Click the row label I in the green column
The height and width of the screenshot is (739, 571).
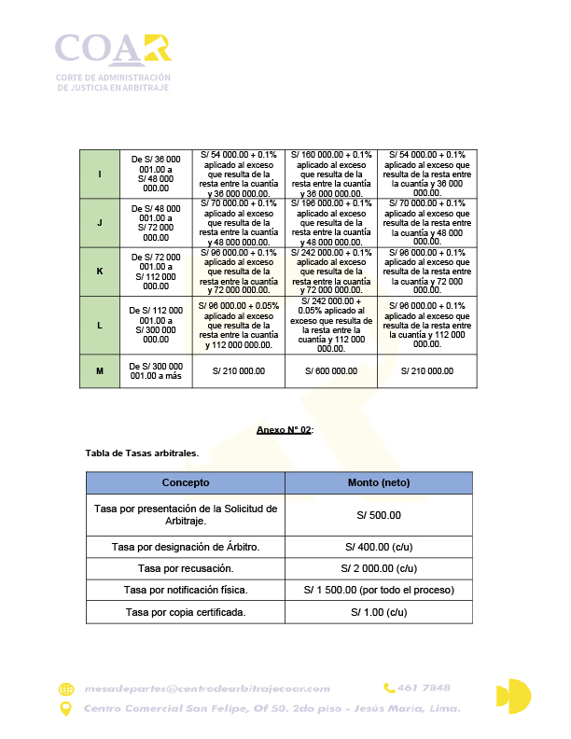(100, 174)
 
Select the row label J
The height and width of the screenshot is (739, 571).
(100, 222)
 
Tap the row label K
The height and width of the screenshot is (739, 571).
(100, 271)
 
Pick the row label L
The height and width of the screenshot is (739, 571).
(100, 324)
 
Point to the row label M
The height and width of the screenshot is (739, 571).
(100, 370)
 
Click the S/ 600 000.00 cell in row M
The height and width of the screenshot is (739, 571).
(330, 370)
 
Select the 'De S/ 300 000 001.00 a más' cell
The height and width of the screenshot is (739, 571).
(156, 370)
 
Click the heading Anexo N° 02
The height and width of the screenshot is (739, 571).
(285, 429)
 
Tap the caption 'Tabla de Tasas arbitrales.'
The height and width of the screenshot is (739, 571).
(142, 453)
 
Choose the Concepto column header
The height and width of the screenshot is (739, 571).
(186, 482)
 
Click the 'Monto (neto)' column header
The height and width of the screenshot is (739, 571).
(378, 482)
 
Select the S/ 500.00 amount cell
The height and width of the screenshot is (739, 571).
(378, 514)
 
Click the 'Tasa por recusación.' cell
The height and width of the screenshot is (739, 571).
(186, 567)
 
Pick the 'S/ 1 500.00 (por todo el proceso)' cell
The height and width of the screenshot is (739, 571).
(378, 590)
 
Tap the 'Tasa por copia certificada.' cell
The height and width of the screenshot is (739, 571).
(186, 612)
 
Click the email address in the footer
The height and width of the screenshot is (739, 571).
(206, 689)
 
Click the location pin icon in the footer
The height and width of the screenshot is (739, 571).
(65, 709)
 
